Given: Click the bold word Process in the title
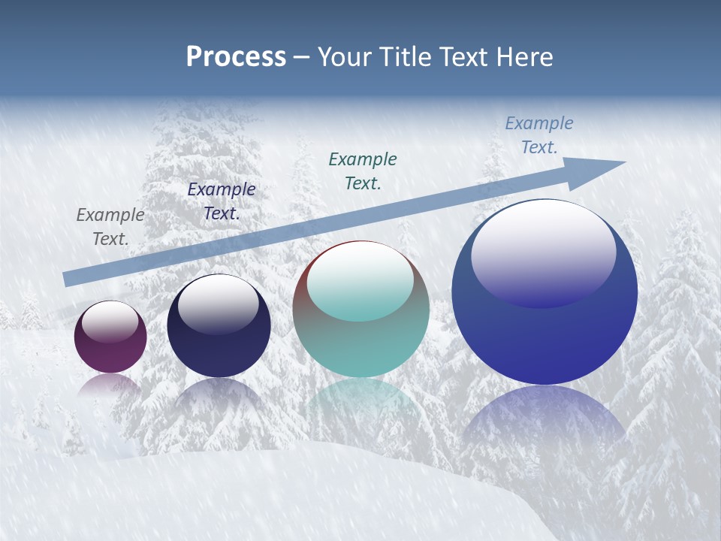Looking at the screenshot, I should [236, 57].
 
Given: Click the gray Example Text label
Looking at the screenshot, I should [110, 226].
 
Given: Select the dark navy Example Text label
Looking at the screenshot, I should [222, 201].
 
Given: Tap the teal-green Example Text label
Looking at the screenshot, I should [363, 171].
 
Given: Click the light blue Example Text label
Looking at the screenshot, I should [539, 134].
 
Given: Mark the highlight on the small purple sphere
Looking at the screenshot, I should [110, 322].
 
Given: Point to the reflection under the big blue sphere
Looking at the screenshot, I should [545, 421].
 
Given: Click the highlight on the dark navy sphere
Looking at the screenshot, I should [218, 302].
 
